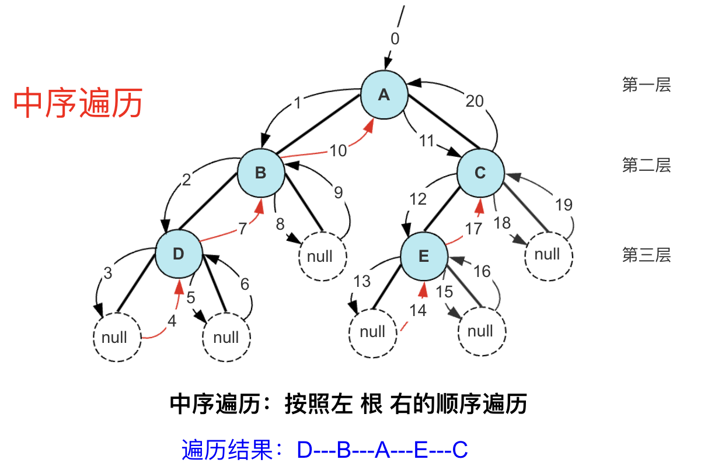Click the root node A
(x=384, y=95)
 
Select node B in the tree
(x=261, y=173)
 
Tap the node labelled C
(x=480, y=173)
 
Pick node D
(x=179, y=254)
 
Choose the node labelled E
(x=424, y=256)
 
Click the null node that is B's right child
(x=323, y=257)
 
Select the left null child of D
(x=117, y=337)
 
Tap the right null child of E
(x=482, y=331)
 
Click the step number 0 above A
(x=395, y=39)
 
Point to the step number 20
(x=475, y=101)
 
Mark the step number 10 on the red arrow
(x=338, y=150)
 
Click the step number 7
(x=242, y=229)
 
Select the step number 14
(x=417, y=311)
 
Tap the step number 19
(x=563, y=205)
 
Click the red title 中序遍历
(x=78, y=104)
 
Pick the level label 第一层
(x=646, y=85)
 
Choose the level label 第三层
(x=646, y=255)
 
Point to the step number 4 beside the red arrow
(x=172, y=321)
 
